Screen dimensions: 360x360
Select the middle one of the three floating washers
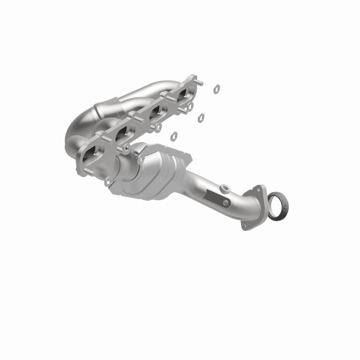201,118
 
